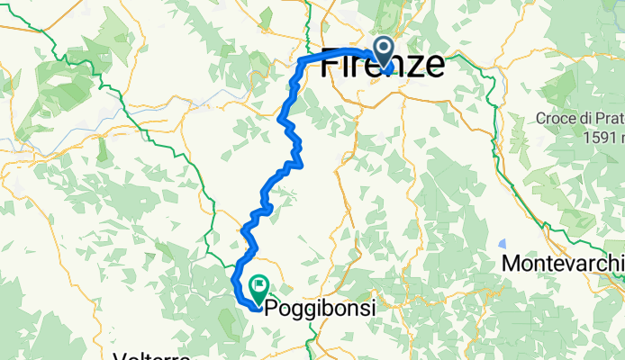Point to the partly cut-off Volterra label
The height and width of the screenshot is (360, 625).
[152, 356]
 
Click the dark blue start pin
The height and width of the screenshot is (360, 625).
[384, 52]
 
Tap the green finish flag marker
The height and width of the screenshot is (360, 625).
[258, 289]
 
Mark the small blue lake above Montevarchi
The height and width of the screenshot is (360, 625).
[501, 243]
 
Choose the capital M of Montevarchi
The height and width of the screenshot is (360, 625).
[512, 264]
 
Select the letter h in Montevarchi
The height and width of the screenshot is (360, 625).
[613, 264]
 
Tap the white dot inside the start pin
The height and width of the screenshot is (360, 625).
[384, 48]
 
